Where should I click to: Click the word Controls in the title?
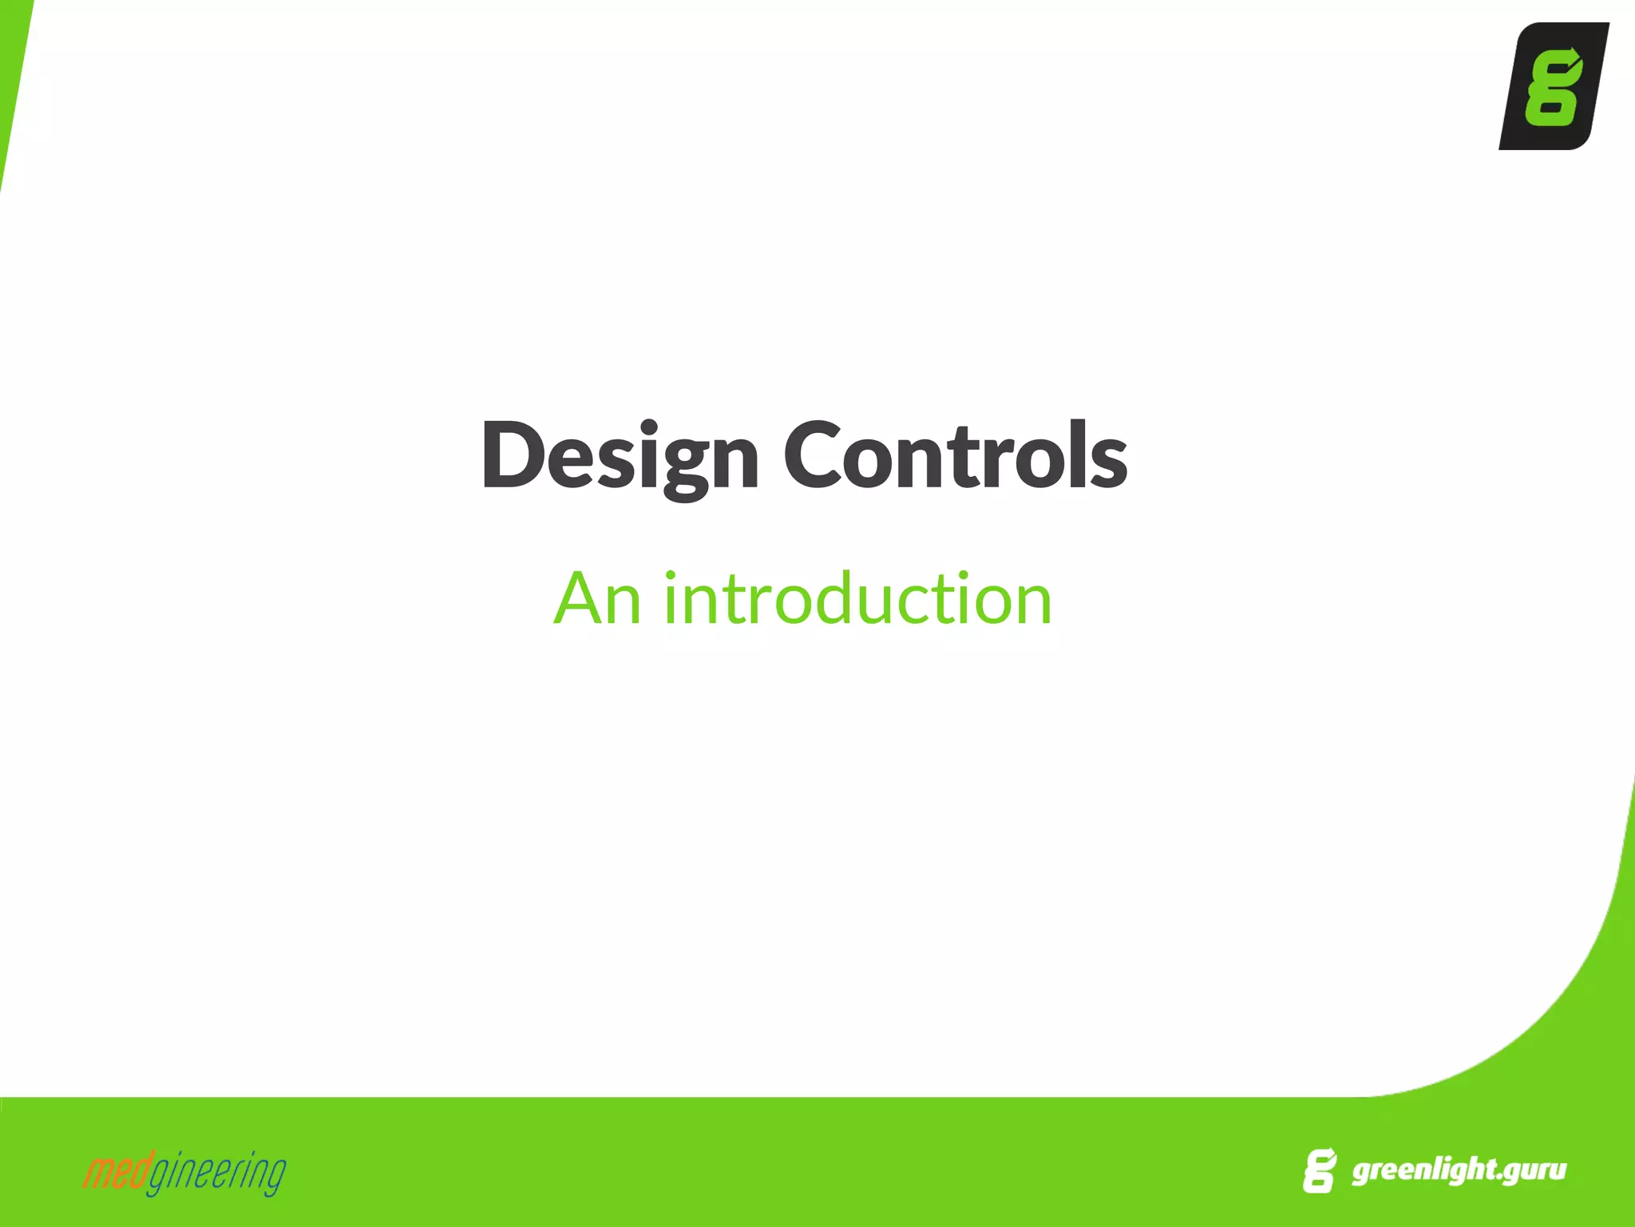click(956, 455)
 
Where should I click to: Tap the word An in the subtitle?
click(597, 598)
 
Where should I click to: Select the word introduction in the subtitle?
click(858, 598)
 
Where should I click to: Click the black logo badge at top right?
click(1553, 86)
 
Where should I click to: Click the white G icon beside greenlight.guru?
click(1319, 1171)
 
